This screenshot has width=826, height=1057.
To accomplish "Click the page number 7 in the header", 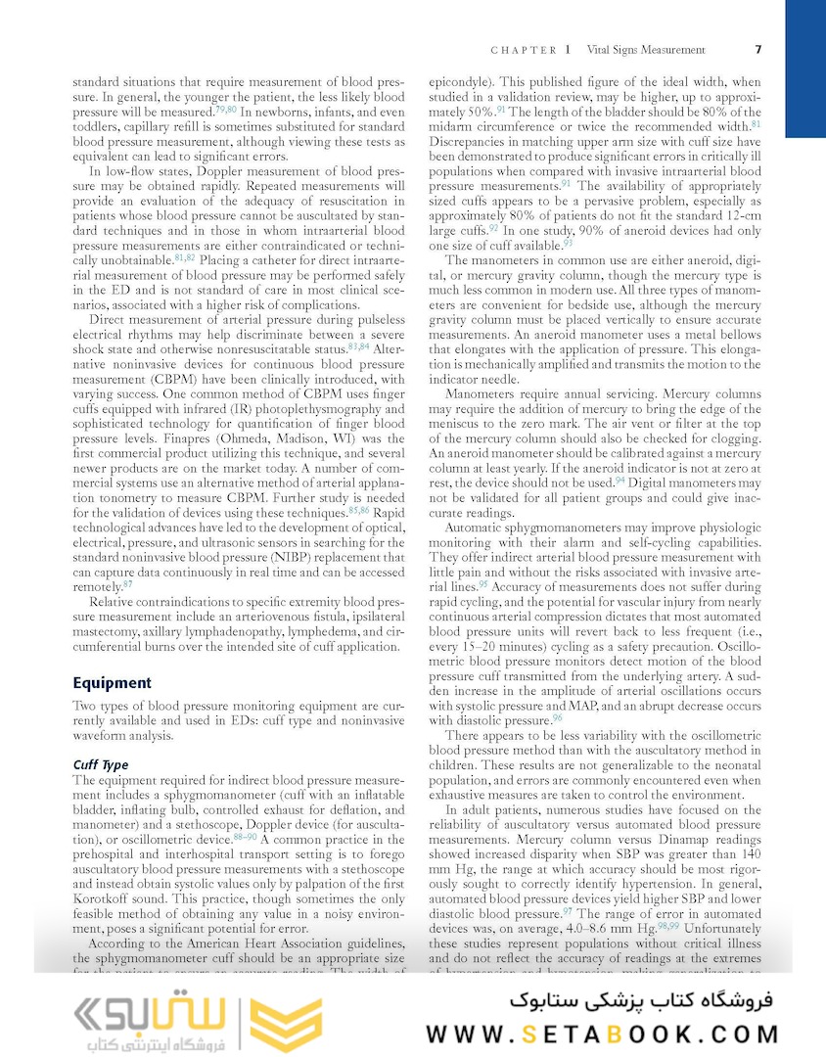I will point(758,50).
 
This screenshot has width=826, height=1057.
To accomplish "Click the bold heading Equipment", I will point(113,683).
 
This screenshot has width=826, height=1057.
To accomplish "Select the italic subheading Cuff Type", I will point(101,764).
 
